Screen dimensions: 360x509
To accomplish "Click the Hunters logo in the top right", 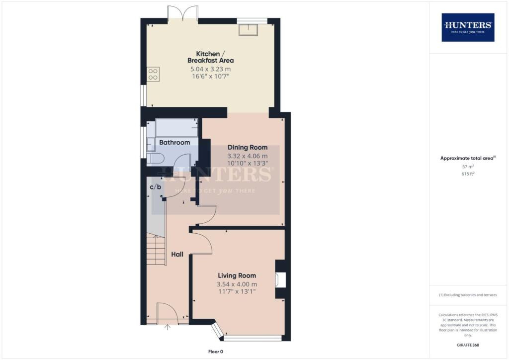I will coord(468,27).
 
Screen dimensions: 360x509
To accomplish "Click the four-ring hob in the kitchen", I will coord(153,74).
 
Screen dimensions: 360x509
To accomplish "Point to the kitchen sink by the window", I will coord(248,30).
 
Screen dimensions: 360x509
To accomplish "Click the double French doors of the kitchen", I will coord(183,13).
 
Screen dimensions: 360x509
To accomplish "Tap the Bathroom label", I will coord(174,142).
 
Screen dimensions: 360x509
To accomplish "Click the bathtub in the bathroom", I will coord(176,128).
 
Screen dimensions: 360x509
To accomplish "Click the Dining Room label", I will coord(248,147).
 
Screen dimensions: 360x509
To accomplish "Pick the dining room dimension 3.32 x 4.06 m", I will coord(248,156).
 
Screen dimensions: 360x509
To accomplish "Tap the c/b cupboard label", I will coord(156,187).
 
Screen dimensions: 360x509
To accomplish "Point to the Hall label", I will coord(177,254).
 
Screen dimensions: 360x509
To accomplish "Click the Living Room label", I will coord(237,275).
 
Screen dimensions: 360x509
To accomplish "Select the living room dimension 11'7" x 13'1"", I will coord(237,292).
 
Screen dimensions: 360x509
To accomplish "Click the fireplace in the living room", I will coord(280,279).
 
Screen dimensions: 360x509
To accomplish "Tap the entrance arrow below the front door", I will coord(167,328).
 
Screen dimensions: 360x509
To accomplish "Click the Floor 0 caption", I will coord(217,352).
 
